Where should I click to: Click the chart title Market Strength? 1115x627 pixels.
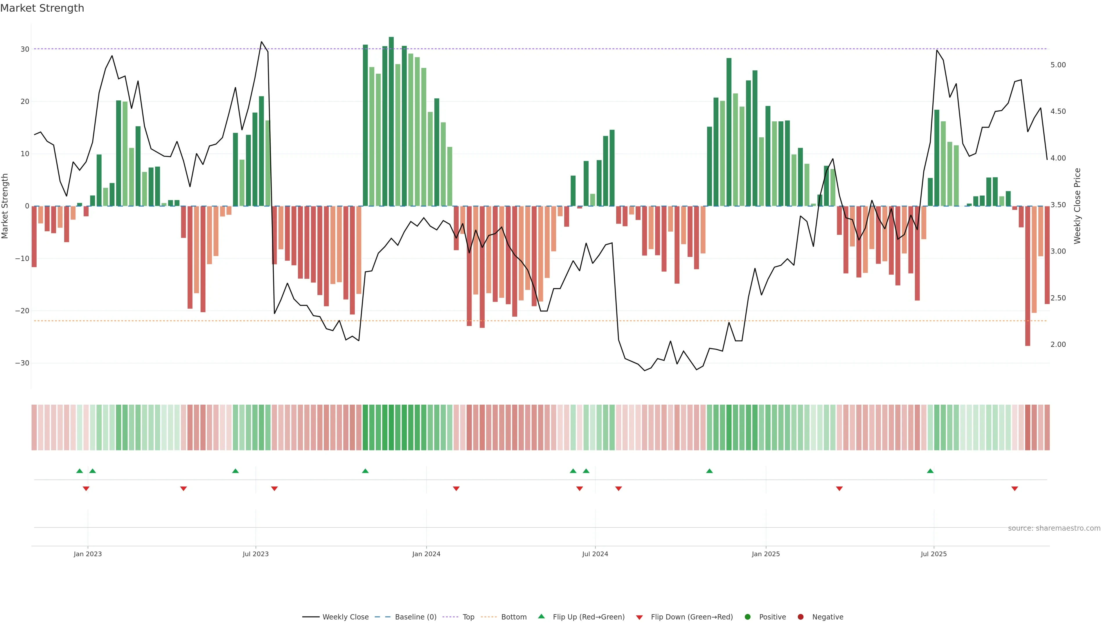[42, 8]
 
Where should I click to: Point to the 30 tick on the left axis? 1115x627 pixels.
[25, 49]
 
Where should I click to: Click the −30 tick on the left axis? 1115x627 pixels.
[22, 363]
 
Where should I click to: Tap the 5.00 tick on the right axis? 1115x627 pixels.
[1058, 65]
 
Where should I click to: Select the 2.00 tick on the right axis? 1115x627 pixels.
[1058, 345]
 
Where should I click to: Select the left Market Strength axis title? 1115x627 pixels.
[5, 206]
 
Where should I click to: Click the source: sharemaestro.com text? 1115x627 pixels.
[1054, 528]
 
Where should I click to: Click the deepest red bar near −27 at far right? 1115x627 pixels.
[1028, 277]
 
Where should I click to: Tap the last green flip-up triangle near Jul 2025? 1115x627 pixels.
[930, 471]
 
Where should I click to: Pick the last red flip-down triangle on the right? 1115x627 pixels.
[1015, 489]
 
